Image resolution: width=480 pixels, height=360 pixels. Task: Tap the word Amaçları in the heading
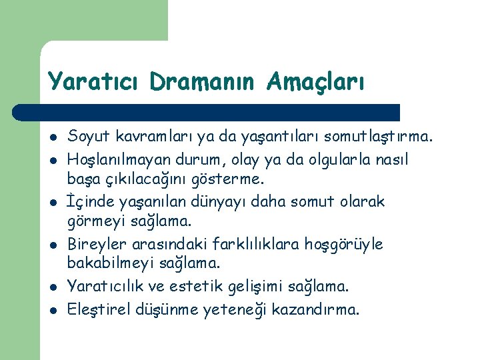click(x=315, y=81)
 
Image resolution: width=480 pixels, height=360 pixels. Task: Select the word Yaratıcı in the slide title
click(x=95, y=81)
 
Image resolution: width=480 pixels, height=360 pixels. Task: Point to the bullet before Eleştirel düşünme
click(x=52, y=310)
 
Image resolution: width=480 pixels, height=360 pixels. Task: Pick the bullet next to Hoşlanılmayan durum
click(x=52, y=160)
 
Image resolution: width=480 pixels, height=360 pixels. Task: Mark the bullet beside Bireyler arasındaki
click(x=52, y=245)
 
